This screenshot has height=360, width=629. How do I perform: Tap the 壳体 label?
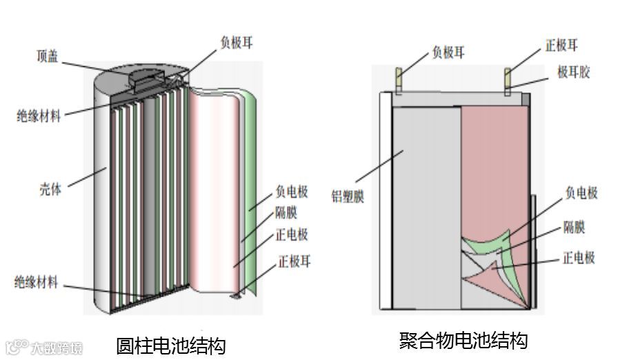coord(50,188)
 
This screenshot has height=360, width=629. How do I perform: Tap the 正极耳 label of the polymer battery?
coord(561,46)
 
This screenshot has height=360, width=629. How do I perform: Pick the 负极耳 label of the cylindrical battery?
coord(236,41)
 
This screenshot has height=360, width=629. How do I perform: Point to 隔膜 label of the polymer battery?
coord(575,226)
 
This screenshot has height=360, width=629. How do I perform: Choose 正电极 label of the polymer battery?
coord(579,258)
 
